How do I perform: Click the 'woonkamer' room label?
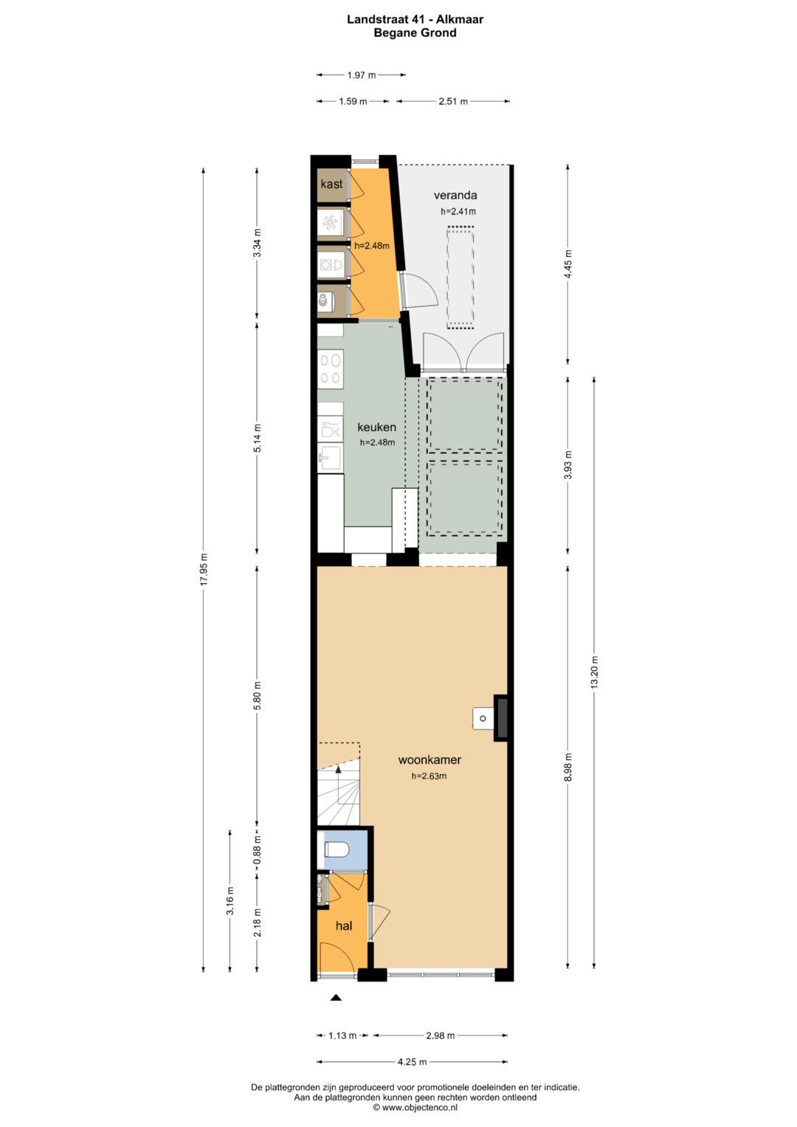tap(429, 759)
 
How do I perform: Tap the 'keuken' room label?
tap(376, 427)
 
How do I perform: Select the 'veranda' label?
tap(455, 195)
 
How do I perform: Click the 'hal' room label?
tap(343, 926)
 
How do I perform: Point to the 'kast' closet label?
tap(331, 184)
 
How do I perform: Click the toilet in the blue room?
tap(337, 849)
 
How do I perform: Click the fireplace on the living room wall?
tap(500, 717)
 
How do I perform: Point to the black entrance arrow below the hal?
tap(336, 998)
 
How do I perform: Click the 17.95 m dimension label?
tap(204, 569)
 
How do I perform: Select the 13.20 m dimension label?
tap(594, 672)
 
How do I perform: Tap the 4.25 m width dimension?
tap(412, 1062)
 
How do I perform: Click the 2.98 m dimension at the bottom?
tap(440, 1035)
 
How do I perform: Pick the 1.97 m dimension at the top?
tap(361, 75)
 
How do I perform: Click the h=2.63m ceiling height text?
tap(429, 776)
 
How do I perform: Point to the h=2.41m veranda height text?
tap(458, 211)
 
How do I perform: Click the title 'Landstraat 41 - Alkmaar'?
tap(415, 19)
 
